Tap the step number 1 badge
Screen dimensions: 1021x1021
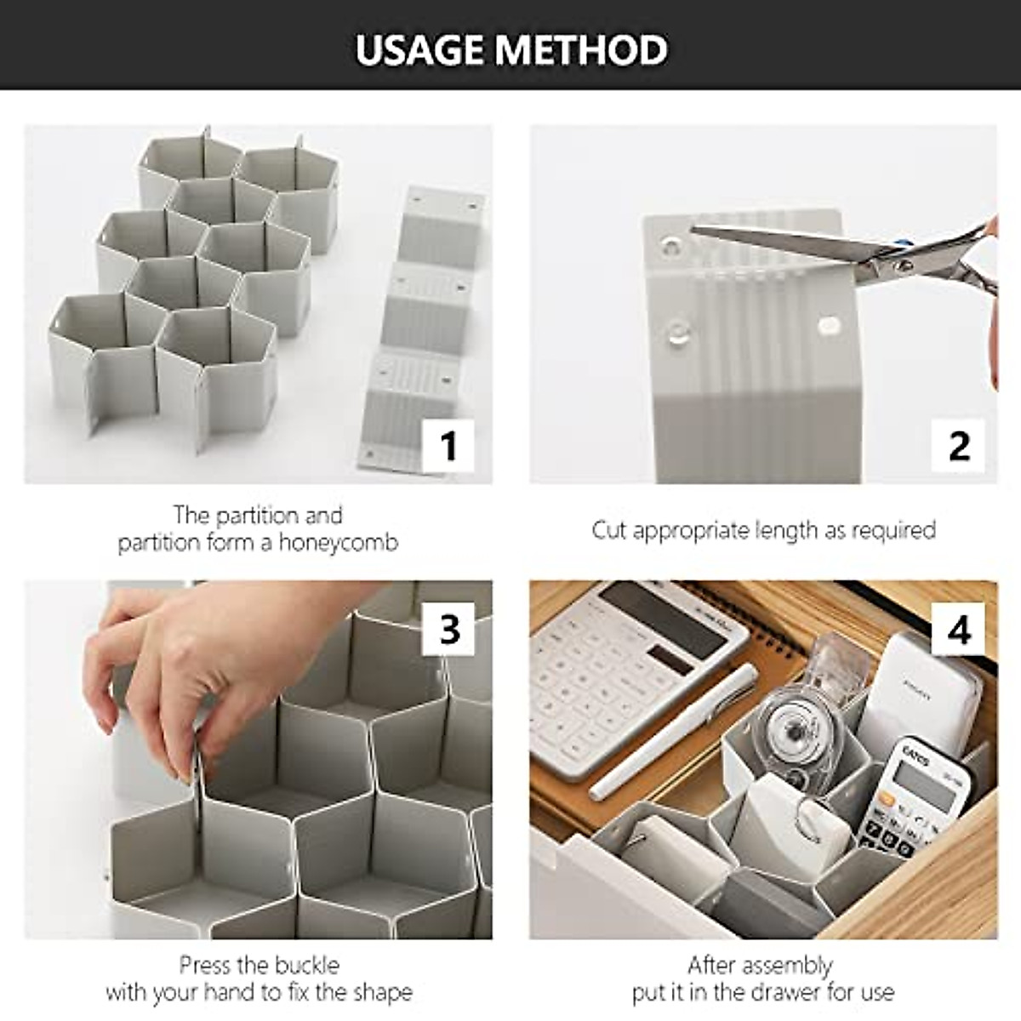(x=448, y=445)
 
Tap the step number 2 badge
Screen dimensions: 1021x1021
(x=958, y=445)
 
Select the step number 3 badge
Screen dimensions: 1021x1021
(x=449, y=629)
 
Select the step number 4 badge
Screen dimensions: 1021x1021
(x=958, y=629)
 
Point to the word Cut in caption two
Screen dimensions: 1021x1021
(x=609, y=530)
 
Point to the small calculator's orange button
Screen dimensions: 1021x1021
(x=887, y=799)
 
